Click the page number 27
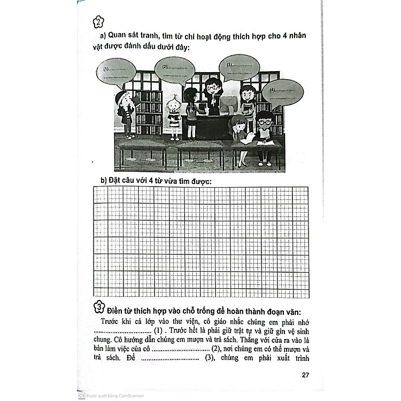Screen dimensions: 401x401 [x=305, y=374]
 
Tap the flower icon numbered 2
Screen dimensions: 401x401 [x=98, y=22]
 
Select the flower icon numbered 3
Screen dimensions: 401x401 [x=98, y=307]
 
